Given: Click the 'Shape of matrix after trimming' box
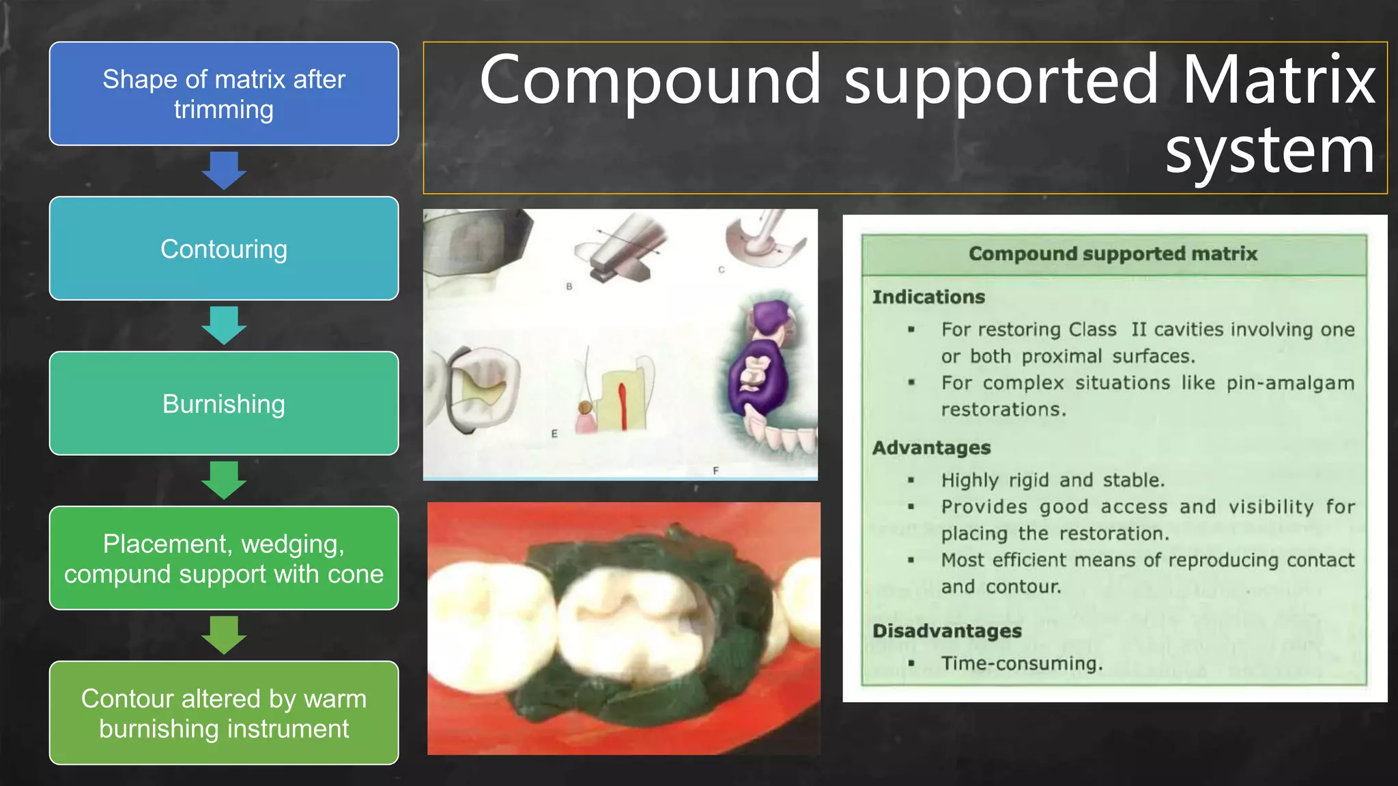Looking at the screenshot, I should (x=224, y=93).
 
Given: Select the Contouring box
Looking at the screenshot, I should (x=224, y=248).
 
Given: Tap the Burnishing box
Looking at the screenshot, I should (x=224, y=403).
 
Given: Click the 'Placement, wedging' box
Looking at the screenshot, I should (x=224, y=558).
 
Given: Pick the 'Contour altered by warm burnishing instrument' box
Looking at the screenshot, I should (x=224, y=713).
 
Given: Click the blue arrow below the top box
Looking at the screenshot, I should (x=224, y=170).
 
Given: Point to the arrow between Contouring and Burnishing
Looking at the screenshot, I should (x=224, y=325).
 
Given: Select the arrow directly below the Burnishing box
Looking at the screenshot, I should (x=224, y=480).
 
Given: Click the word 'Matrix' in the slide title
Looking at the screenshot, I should (x=1278, y=81).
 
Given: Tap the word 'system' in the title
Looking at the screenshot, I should (x=1270, y=151).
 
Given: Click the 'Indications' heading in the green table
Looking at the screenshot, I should (x=928, y=297).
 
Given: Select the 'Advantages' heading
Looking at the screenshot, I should (x=931, y=448).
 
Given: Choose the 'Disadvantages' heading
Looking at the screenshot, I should (x=947, y=631).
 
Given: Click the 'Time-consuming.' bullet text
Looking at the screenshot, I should (x=1022, y=664).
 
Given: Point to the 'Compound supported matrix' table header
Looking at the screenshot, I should (x=1113, y=254).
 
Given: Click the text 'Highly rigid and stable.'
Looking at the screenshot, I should (x=1053, y=480).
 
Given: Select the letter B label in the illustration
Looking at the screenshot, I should (x=569, y=287).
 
